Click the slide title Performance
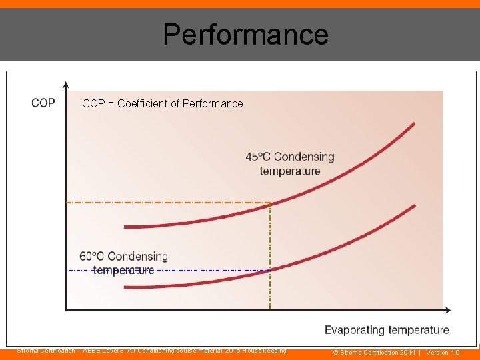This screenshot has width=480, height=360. click(x=245, y=34)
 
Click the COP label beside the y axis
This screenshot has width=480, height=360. click(x=43, y=103)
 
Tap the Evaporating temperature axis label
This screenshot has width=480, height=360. click(x=387, y=330)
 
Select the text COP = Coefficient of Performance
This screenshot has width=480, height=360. click(x=162, y=103)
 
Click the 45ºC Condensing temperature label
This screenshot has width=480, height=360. click(x=290, y=164)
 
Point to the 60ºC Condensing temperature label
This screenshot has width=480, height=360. click(x=123, y=263)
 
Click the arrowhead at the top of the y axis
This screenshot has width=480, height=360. click(x=65, y=85)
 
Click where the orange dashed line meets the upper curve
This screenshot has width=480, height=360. click(x=270, y=203)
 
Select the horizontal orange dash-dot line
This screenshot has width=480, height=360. click(x=167, y=202)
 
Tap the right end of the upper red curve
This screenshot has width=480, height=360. click(x=413, y=124)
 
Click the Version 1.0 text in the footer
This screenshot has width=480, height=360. click(x=443, y=352)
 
